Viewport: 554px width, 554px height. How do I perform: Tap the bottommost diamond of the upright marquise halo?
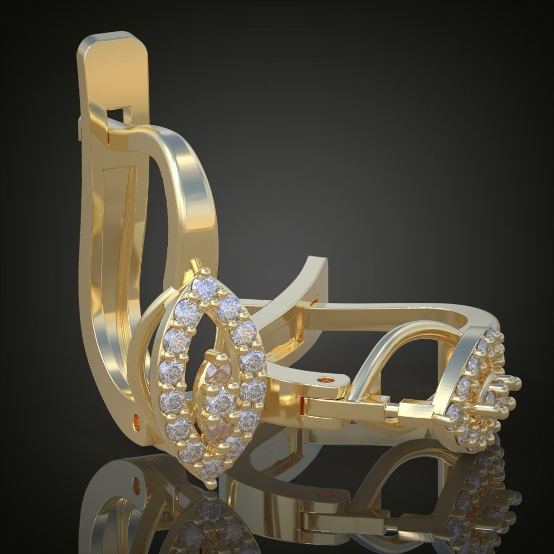click(212, 468)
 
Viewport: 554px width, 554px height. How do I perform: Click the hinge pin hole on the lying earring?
click(325, 380)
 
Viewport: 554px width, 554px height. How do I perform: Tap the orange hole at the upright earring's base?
click(136, 419)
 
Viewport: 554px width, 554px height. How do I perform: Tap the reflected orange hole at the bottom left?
click(135, 480)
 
